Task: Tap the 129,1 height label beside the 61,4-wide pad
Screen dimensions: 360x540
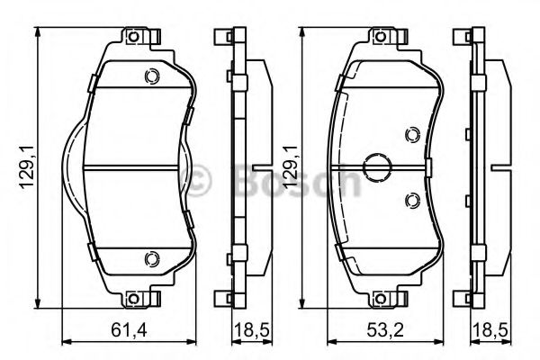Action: [x=27, y=168]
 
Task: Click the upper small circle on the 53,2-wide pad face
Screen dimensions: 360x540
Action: [x=411, y=135]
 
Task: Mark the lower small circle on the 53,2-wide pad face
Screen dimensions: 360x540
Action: [x=411, y=199]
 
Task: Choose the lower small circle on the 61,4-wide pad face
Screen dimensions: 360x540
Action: [x=151, y=259]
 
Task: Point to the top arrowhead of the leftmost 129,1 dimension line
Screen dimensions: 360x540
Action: [x=39, y=31]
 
